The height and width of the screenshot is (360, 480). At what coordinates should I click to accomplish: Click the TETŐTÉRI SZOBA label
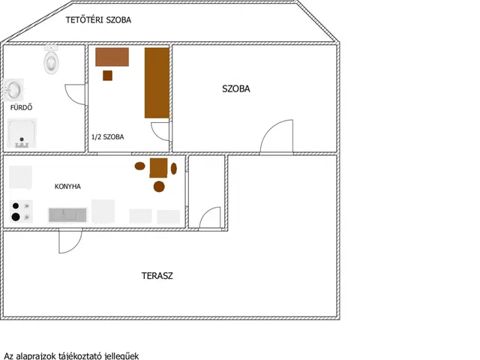click(x=98, y=20)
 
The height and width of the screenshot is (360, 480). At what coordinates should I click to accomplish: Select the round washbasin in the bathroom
click(x=13, y=90)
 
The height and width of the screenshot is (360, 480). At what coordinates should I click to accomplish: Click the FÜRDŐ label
click(x=21, y=107)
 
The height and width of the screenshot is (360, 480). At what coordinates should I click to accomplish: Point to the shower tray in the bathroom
click(x=22, y=133)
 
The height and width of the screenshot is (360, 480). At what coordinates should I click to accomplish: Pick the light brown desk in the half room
click(x=112, y=57)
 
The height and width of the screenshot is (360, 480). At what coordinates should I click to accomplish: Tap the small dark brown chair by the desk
click(x=107, y=75)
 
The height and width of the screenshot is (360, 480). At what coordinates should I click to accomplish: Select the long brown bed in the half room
click(x=157, y=82)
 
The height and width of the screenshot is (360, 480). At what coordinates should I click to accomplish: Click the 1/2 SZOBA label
click(x=108, y=136)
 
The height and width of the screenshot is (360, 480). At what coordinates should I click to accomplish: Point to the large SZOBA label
click(x=236, y=88)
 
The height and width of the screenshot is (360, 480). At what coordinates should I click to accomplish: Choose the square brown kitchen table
click(x=158, y=168)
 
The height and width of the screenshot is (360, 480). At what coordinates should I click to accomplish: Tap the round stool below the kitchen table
click(x=159, y=187)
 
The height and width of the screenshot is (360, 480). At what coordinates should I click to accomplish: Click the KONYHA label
click(x=67, y=187)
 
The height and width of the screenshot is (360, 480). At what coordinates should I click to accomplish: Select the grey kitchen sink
click(x=67, y=214)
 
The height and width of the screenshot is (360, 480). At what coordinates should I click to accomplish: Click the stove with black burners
click(x=21, y=211)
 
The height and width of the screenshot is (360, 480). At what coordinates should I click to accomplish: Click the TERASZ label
click(x=157, y=276)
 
